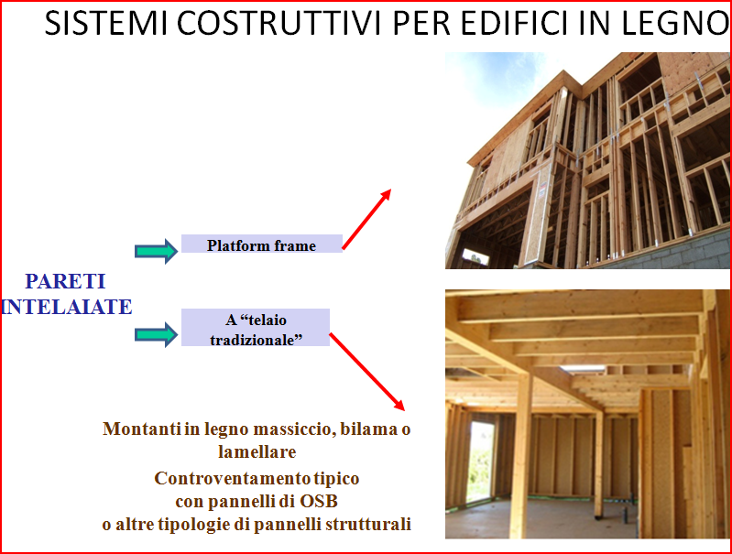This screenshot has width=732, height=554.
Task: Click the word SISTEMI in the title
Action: point(106,23)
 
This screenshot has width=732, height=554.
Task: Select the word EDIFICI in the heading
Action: point(513,23)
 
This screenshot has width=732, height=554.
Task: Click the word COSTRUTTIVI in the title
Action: point(279,23)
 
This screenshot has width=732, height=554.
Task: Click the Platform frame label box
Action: point(262,244)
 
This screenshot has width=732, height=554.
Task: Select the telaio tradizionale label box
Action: point(256,327)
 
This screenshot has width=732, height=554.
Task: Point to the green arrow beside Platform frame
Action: point(156,251)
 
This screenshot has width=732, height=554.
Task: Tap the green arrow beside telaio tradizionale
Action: point(156,334)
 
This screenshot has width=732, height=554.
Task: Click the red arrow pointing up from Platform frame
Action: point(366,219)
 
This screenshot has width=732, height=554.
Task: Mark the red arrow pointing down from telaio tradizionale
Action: point(367,372)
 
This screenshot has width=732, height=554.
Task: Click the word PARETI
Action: point(65,281)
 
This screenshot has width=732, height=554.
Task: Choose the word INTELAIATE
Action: point(66,307)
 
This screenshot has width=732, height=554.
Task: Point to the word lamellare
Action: point(257,451)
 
